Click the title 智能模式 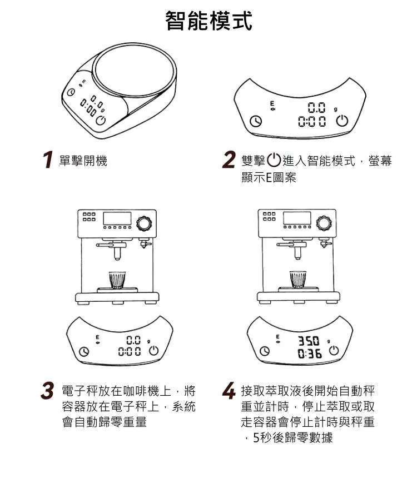coord(209,21)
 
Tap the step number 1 coord(48,160)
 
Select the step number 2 coord(229,160)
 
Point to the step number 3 coord(47,391)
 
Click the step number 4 coord(229,391)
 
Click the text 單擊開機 coord(83,160)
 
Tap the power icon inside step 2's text coord(274,160)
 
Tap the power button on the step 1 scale coord(101,121)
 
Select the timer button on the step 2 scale coord(256,121)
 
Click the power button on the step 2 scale coord(342,121)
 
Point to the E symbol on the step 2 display coord(272,103)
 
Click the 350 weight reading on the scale coord(309,341)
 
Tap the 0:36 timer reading coord(310,354)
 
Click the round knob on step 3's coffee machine coord(143,223)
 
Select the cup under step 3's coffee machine coord(117,280)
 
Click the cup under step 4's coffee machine coord(298,279)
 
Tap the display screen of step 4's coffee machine coord(297,218)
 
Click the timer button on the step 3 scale coord(84,351)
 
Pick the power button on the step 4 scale coord(334,351)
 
